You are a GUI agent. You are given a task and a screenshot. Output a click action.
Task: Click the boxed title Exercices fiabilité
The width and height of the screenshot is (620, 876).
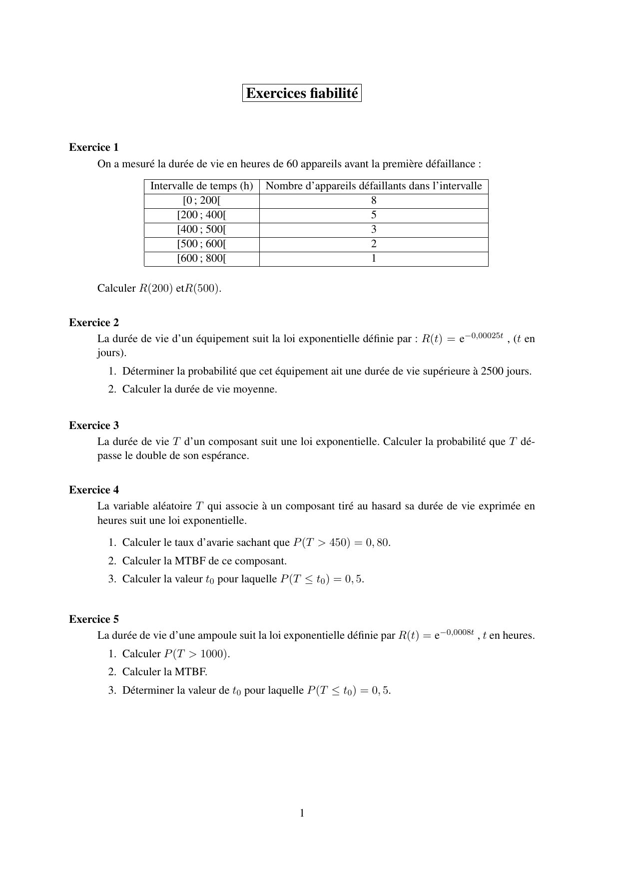click(302, 93)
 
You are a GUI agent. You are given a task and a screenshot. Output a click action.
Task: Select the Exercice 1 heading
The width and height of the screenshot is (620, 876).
click(94, 147)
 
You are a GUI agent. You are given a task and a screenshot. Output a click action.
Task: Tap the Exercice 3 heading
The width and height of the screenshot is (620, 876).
click(94, 426)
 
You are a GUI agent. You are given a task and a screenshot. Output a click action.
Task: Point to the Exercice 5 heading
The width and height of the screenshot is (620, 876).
click(94, 619)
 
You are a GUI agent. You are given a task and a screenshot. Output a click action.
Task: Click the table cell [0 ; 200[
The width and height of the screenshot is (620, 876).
click(202, 201)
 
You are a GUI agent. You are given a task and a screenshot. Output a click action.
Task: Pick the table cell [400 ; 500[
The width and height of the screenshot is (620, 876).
click(202, 230)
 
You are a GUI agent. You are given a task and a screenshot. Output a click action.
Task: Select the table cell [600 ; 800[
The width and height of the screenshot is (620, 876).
click(202, 259)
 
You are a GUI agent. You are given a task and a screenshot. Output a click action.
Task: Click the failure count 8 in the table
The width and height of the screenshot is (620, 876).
click(374, 201)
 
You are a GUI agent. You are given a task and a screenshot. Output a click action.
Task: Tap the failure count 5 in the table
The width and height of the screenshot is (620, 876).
click(374, 215)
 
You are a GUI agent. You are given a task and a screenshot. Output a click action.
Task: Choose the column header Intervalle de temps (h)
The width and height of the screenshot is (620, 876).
click(202, 186)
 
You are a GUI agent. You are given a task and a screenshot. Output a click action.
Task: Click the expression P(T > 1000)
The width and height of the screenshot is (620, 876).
click(196, 654)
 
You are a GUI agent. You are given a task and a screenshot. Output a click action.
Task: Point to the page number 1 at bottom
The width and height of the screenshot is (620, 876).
click(302, 813)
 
